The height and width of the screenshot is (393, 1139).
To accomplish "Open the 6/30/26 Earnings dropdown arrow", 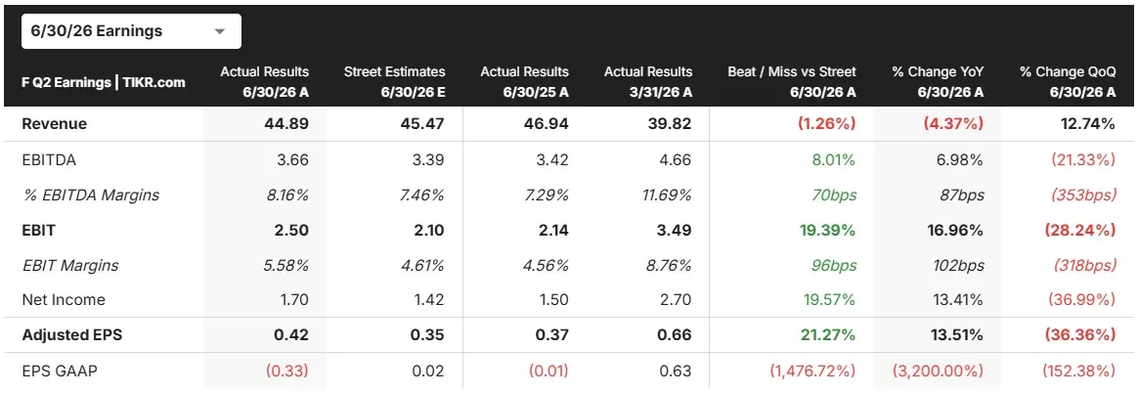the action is [220, 32].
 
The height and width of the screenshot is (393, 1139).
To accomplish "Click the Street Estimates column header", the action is [394, 81].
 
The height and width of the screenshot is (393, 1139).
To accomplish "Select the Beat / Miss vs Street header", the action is [792, 81].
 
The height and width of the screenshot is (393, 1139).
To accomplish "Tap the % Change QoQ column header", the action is [1067, 81].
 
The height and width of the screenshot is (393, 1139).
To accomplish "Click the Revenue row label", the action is [55, 123].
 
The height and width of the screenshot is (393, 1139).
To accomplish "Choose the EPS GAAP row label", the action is [60, 371].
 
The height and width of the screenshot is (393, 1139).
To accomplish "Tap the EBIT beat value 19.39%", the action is [827, 231].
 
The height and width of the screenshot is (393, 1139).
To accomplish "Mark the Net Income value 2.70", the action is [677, 299].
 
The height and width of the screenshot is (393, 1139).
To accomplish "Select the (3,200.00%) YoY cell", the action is [939, 371].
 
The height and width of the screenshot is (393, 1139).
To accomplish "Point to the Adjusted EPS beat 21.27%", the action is [827, 335].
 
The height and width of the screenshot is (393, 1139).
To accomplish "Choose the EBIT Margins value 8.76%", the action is [672, 265].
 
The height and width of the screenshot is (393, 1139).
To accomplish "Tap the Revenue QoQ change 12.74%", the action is [1087, 123].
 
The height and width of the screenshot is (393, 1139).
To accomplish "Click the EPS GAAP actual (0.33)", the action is [286, 371].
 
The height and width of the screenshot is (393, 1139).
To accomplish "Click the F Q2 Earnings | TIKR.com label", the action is [104, 82].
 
